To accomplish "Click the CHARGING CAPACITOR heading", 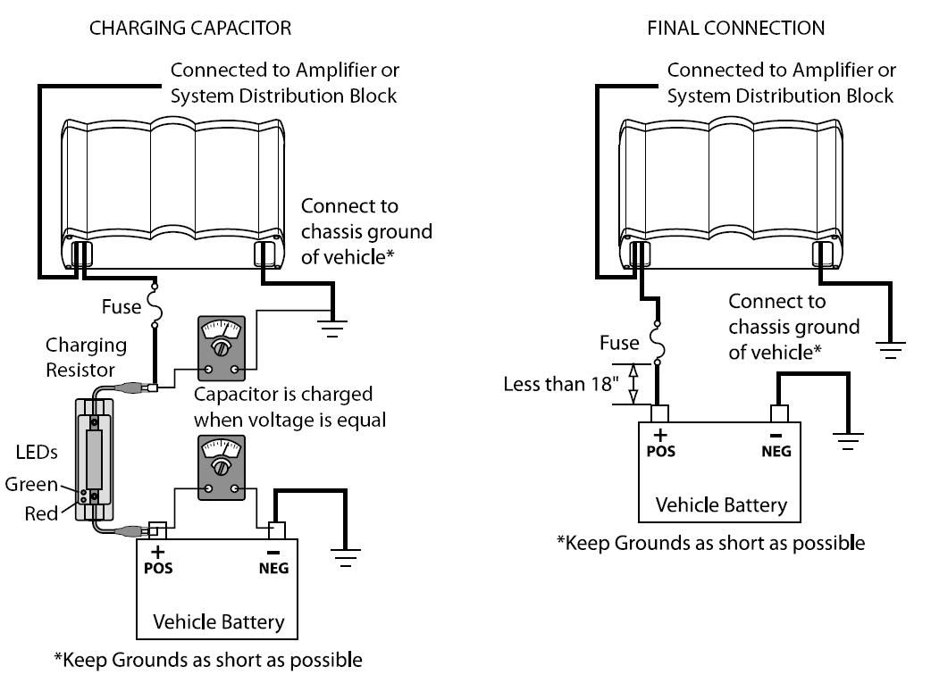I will [189, 29].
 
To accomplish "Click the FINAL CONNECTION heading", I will [735, 29].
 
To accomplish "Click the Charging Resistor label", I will [86, 356].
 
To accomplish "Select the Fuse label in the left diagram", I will [121, 306].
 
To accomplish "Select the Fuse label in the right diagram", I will [619, 342].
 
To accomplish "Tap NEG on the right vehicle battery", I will [776, 451].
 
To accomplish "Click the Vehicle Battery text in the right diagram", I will [721, 504].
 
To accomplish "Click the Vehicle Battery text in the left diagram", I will [218, 621].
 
